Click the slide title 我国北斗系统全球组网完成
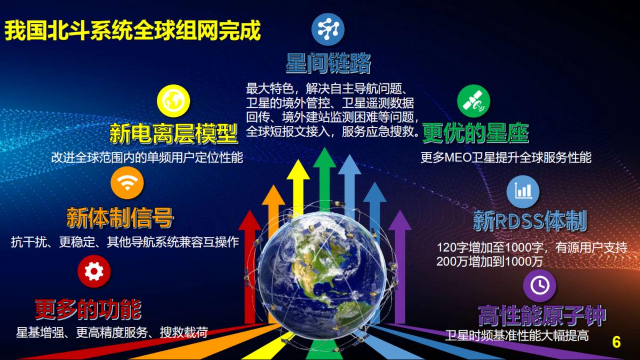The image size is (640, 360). pyautogui.click(x=132, y=31)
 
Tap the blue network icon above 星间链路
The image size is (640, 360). pyautogui.click(x=328, y=29)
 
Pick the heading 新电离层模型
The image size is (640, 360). pyautogui.click(x=173, y=133)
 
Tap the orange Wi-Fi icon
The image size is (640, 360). pyautogui.click(x=127, y=182)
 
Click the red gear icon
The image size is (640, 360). pyautogui.click(x=94, y=271)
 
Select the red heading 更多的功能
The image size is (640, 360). pyautogui.click(x=88, y=308)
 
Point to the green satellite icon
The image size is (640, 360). pyautogui.click(x=473, y=101)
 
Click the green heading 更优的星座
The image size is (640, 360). pyautogui.click(x=475, y=133)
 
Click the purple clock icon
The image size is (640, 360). pyautogui.click(x=539, y=285)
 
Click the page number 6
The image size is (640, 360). pyautogui.click(x=617, y=342)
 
